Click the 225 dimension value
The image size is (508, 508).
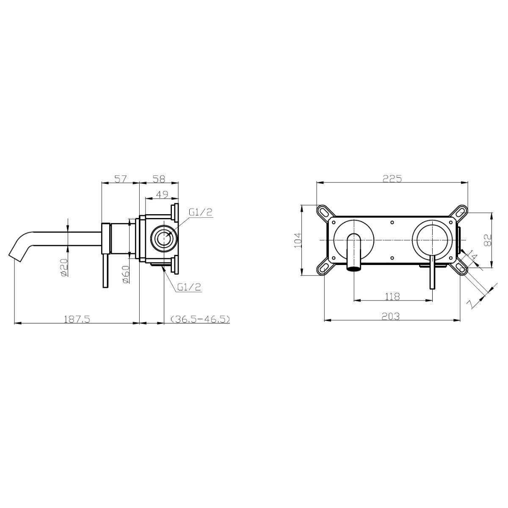pyautogui.click(x=392, y=179)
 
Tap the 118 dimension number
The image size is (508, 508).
pyautogui.click(x=392, y=296)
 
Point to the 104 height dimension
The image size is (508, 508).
pyautogui.click(x=298, y=240)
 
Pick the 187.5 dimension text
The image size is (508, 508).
pyautogui.click(x=77, y=319)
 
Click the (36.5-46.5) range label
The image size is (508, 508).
pyautogui.click(x=199, y=319)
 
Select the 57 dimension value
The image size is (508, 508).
pyautogui.click(x=121, y=179)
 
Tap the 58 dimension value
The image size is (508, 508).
pyautogui.click(x=159, y=179)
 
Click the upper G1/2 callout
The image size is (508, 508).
pyautogui.click(x=200, y=213)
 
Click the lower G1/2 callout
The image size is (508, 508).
pyautogui.click(x=189, y=287)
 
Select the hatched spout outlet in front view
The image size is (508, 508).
pyautogui.click(x=354, y=268)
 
